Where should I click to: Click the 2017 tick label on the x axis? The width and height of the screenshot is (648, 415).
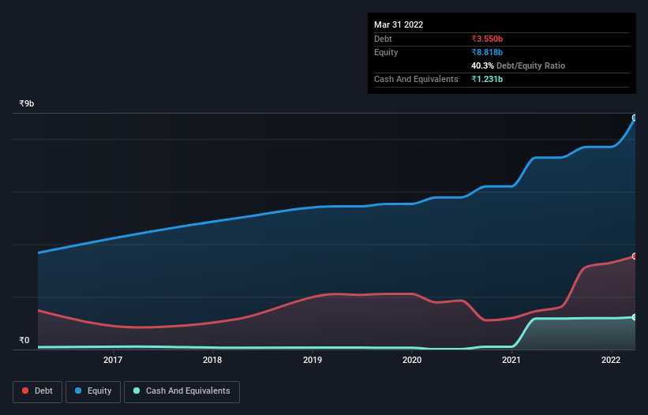(x=113, y=361)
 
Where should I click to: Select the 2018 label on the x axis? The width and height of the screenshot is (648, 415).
(x=212, y=361)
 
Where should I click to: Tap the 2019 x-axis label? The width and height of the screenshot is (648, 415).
(x=313, y=361)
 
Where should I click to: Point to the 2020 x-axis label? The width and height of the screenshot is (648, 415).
(x=412, y=361)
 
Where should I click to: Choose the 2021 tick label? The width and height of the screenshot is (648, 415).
(x=511, y=361)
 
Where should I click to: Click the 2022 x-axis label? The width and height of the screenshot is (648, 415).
(x=611, y=361)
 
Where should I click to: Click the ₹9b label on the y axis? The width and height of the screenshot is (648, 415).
(x=27, y=104)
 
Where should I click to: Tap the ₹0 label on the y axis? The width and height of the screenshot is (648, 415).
(x=24, y=341)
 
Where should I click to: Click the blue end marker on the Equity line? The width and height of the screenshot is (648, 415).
(x=634, y=118)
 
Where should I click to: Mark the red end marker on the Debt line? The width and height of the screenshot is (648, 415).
(x=634, y=256)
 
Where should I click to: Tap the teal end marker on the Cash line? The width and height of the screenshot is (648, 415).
(x=634, y=317)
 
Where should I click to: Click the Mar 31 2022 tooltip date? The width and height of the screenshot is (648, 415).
(x=399, y=24)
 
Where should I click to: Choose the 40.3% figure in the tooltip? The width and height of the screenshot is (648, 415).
(x=482, y=65)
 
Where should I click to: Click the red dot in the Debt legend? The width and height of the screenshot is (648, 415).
(x=26, y=391)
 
